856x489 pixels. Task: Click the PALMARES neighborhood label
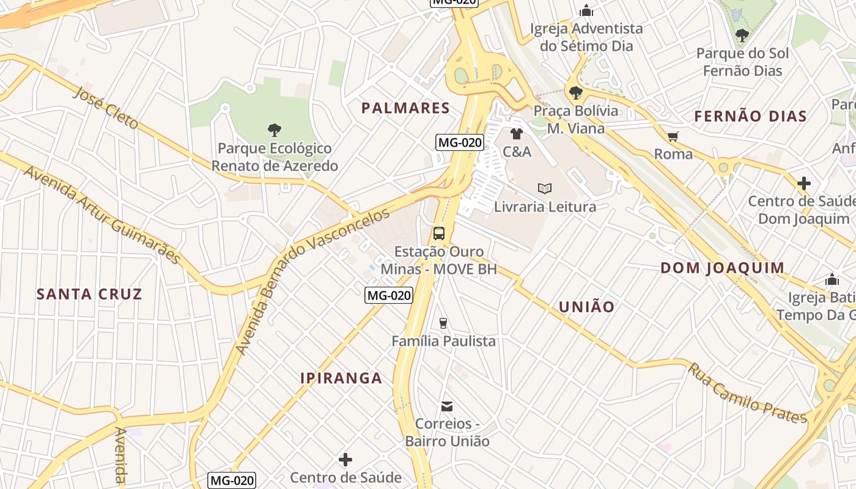(x=405, y=108)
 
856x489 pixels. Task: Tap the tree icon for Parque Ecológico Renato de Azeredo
(x=275, y=130)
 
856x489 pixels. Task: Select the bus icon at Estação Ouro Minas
(x=439, y=233)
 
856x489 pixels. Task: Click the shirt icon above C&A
(x=517, y=133)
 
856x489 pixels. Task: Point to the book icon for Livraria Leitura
(x=545, y=188)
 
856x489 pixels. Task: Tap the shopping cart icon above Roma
(x=673, y=136)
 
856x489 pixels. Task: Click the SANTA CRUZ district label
(x=89, y=294)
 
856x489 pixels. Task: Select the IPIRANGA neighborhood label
(x=341, y=378)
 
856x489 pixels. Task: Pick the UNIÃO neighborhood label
(x=586, y=307)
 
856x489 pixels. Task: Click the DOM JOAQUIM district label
(x=722, y=268)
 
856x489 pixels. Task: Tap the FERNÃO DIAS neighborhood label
(x=750, y=116)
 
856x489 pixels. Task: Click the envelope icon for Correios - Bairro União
(x=447, y=406)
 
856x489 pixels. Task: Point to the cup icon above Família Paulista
(x=443, y=323)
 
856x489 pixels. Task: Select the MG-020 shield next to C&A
(x=460, y=143)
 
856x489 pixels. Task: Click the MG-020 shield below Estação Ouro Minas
(x=389, y=296)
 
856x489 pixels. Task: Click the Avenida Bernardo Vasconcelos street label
(x=312, y=281)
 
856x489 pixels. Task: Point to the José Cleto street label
(x=106, y=108)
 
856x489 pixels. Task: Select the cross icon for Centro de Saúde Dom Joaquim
(x=803, y=183)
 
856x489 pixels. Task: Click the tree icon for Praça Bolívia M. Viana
(x=575, y=93)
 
